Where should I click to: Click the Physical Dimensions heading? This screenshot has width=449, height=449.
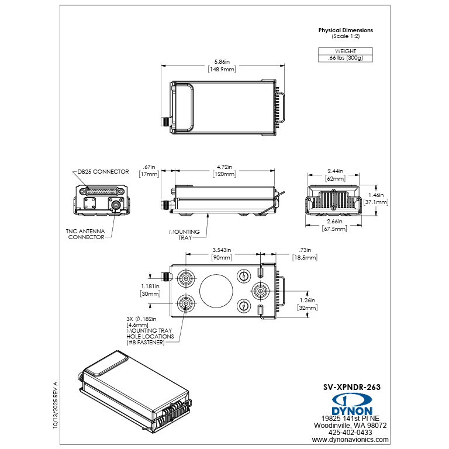coord(346,30)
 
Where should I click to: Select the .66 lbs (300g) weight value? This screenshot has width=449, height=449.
coord(346,58)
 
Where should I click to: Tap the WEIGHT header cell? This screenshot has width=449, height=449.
coord(346,51)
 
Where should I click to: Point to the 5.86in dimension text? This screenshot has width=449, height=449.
coord(222,61)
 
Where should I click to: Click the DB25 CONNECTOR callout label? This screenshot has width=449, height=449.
coord(103,172)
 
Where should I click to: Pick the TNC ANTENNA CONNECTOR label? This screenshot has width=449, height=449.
coord(86,234)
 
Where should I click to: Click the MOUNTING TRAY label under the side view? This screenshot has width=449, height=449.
coord(185,235)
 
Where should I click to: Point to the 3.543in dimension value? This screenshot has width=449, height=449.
coord(222,250)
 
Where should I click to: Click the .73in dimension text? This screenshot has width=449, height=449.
coord(305,250)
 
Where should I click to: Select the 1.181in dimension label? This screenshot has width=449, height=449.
coord(150,286)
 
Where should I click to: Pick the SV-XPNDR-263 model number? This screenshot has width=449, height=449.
coord(356,386)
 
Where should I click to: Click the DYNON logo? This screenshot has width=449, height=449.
coord(354,403)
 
